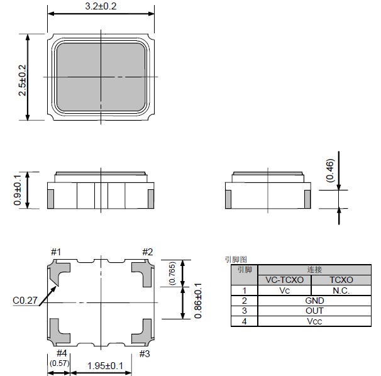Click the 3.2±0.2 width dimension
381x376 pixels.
coord(101,6)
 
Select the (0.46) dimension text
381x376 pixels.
coord(330,169)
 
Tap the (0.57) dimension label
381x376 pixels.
coord(58,363)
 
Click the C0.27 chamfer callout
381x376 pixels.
coord(23,301)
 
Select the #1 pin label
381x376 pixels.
coord(56,252)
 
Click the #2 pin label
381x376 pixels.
coord(147,252)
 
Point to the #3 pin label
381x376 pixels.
coord(145,353)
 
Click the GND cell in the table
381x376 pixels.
coord(314,301)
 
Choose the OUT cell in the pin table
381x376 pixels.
coord(314,311)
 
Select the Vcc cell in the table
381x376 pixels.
coord(314,321)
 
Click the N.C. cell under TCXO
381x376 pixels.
coord(341,290)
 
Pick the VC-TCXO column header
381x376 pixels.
coord(284,280)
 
